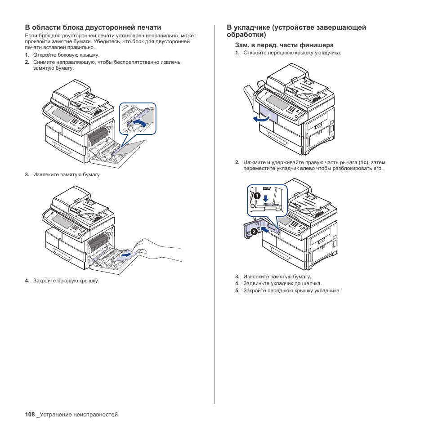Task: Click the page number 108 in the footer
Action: click(30, 415)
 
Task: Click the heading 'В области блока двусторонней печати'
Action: click(93, 27)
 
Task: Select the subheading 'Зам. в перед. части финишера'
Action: click(284, 45)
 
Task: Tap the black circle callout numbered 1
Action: click(256, 196)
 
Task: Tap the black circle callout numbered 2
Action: click(254, 232)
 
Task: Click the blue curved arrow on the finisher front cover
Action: click(261, 119)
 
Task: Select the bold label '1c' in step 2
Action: click(363, 162)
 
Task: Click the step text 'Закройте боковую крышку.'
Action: click(66, 281)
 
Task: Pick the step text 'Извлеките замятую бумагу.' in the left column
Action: click(67, 174)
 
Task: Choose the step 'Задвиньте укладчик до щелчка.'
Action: click(282, 284)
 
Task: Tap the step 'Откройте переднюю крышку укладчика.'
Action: click(292, 53)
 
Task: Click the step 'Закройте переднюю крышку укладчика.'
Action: click(292, 290)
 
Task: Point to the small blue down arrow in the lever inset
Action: click(266, 198)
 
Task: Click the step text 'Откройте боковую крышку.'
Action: click(66, 55)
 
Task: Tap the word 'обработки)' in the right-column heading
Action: click(246, 34)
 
